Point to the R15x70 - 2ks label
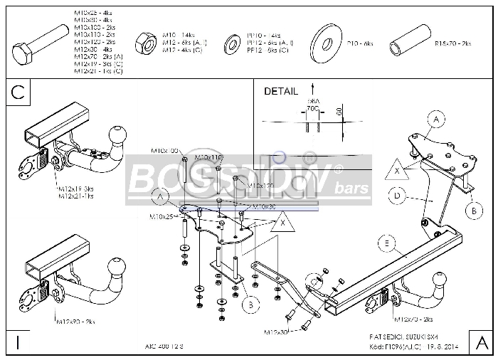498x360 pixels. pos(452,44)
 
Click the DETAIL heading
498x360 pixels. pos(281,91)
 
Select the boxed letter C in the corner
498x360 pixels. pos(19,92)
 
